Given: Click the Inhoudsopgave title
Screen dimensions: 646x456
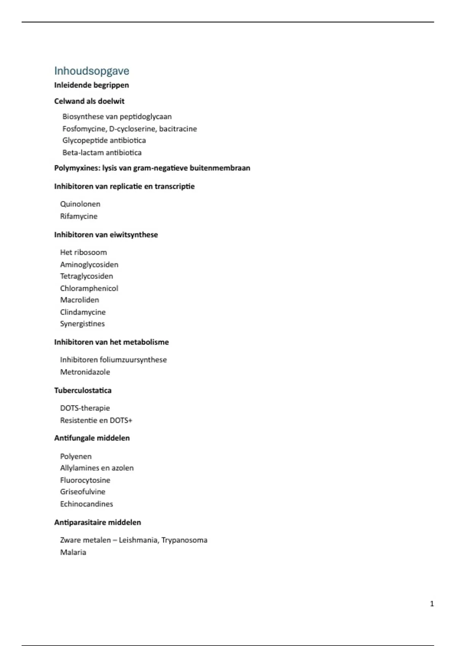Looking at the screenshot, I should click(92, 71).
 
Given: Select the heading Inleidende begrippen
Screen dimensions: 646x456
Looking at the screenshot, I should click(92, 85).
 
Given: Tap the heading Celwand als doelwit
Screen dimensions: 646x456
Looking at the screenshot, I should click(89, 101).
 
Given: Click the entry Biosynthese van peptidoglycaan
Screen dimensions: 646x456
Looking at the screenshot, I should click(117, 117).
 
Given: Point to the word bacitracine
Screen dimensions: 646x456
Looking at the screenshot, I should click(178, 129).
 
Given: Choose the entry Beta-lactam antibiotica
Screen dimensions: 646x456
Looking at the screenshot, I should click(102, 153).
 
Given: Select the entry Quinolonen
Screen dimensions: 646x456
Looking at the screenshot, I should click(80, 204).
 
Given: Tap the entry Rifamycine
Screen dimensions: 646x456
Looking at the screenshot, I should click(79, 216).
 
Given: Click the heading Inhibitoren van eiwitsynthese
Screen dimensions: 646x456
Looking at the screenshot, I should click(106, 235).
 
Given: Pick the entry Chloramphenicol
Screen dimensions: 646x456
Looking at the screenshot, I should click(89, 288).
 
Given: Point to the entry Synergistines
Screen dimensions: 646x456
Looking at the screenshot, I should click(82, 324).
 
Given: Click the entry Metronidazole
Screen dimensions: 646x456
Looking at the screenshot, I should click(85, 372).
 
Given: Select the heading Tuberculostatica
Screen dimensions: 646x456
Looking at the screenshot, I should click(83, 391).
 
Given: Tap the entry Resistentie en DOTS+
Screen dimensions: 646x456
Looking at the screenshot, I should click(96, 420).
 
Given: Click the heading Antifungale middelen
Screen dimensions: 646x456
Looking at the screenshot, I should click(92, 438).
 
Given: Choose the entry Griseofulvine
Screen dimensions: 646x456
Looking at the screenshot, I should click(83, 492).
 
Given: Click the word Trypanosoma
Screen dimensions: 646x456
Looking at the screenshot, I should click(184, 540).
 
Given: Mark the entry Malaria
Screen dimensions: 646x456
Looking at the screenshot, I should click(73, 552).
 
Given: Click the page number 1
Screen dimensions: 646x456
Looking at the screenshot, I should click(432, 604).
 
